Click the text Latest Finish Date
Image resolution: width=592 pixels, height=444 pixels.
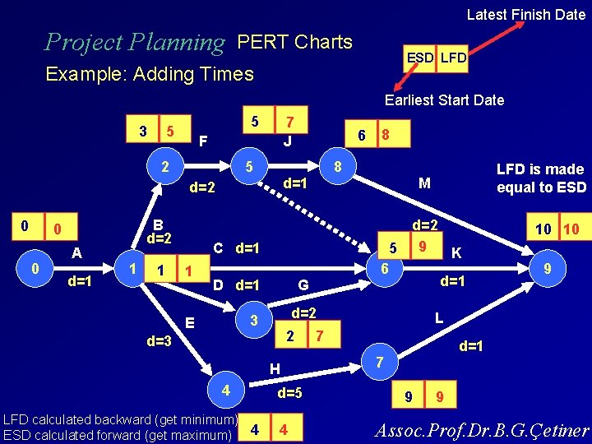pos(526,14)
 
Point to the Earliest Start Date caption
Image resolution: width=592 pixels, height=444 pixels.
pos(444,100)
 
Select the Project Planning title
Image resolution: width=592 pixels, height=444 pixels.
pos(135,42)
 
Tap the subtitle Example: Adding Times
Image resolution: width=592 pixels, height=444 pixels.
pos(150,74)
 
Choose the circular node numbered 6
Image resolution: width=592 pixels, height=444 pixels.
pos(383,269)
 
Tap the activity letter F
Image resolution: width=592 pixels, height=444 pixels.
pos(203,141)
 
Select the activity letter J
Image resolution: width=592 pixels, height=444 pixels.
pos(288,141)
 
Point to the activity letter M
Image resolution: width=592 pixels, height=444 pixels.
pos(424,183)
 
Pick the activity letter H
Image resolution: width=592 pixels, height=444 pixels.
pos(275,368)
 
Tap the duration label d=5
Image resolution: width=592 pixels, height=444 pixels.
pos(289,393)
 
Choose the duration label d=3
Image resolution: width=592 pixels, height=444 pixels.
pos(160,340)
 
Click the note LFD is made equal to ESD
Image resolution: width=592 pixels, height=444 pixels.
pos(540,178)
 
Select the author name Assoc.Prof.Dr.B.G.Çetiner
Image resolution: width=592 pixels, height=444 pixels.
pos(482,430)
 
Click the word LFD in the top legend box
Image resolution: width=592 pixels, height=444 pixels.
pos(453,58)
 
